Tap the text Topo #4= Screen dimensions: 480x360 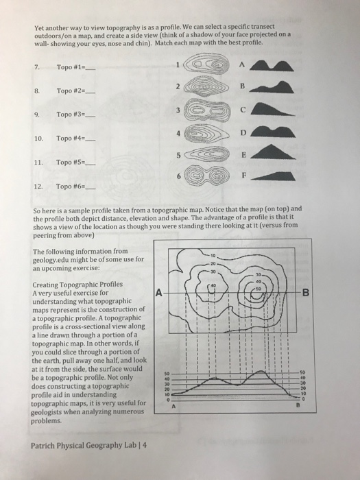point(69,138)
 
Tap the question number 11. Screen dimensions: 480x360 point(39,163)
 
